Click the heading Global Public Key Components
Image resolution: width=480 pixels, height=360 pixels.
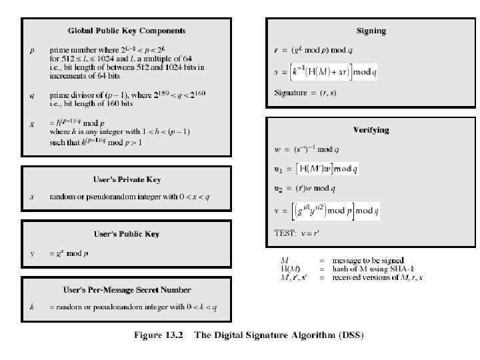point(127,31)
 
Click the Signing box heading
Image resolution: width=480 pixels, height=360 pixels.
point(371,31)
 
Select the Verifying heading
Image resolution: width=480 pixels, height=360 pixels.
point(371,129)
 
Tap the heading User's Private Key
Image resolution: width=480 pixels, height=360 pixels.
point(127,179)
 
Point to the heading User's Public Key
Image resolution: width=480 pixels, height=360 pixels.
point(127,234)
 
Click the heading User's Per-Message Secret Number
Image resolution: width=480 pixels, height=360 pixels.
point(127,289)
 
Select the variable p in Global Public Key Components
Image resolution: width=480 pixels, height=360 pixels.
point(32,51)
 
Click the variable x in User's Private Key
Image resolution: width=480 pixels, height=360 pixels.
point(32,197)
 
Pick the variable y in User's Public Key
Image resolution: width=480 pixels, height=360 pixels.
point(32,253)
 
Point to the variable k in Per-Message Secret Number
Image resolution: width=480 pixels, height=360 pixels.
point(32,307)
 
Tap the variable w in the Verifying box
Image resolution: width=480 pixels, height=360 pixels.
point(277,149)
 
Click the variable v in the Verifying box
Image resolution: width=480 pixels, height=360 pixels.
point(277,212)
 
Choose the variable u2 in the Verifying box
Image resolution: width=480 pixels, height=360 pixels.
point(279,190)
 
